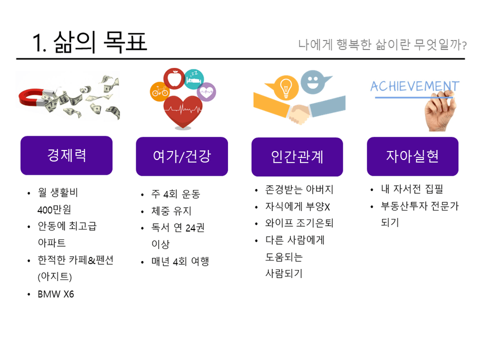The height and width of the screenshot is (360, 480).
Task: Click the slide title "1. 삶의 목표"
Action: pos(89,42)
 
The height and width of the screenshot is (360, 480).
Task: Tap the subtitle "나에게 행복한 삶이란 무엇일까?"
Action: pos(382,45)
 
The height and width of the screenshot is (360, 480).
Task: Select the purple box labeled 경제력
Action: pos(66,155)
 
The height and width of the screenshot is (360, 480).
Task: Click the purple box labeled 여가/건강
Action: pos(182,156)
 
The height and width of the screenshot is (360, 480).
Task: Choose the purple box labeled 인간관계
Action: pos(297,157)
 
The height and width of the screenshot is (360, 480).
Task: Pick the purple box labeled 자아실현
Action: pos(413,156)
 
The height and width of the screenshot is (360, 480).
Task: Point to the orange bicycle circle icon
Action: pos(159,92)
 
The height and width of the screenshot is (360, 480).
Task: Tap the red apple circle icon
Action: pos(174,78)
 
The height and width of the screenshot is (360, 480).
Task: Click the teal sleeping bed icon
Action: pos(194,79)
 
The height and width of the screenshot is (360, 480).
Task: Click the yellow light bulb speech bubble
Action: pos(283,87)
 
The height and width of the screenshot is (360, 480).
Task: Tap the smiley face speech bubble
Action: pos(314,82)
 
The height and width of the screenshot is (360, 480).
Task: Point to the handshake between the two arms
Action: pos(299,114)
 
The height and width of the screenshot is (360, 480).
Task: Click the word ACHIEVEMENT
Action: pos(415,86)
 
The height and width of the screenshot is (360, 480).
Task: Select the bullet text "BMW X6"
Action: pos(56,294)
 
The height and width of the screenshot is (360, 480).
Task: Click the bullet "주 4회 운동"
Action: pos(176,194)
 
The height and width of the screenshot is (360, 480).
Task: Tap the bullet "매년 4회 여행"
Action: pos(181,262)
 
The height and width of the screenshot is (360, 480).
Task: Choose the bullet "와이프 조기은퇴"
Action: pos(299,223)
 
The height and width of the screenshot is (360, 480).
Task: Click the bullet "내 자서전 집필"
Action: pos(412,189)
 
